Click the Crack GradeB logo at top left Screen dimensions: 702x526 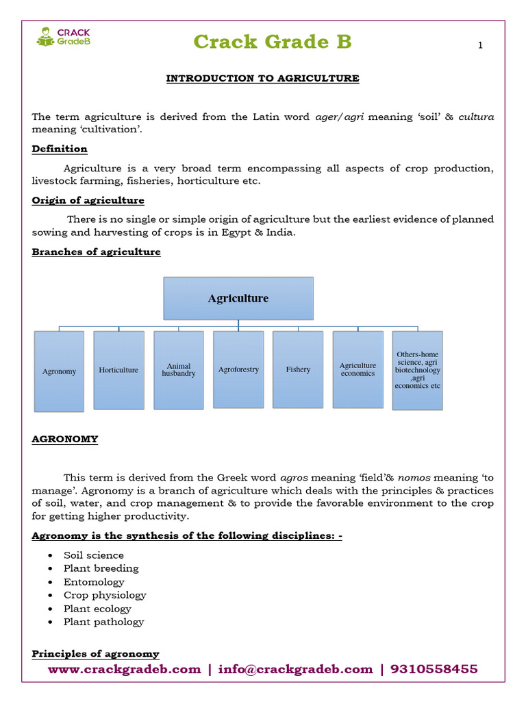click(63, 36)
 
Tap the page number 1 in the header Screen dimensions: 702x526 click(480, 46)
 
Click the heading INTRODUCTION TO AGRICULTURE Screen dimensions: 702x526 click(262, 78)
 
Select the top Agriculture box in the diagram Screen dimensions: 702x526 click(238, 298)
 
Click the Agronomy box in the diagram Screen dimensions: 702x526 click(59, 371)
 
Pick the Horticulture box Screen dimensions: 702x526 click(118, 370)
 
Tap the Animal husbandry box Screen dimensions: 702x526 click(178, 370)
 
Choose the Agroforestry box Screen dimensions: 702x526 click(238, 370)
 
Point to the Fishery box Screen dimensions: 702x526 click(298, 370)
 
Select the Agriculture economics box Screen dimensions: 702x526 click(358, 370)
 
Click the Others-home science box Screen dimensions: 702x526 click(417, 370)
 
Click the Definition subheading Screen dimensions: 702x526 click(60, 149)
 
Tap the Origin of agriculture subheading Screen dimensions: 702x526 click(88, 200)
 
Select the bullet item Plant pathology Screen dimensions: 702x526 click(103, 622)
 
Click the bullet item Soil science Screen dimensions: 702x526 click(94, 555)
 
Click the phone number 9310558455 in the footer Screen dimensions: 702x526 click(434, 669)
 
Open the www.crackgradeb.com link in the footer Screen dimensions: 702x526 click(124, 669)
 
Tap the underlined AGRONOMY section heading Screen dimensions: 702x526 click(64, 439)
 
